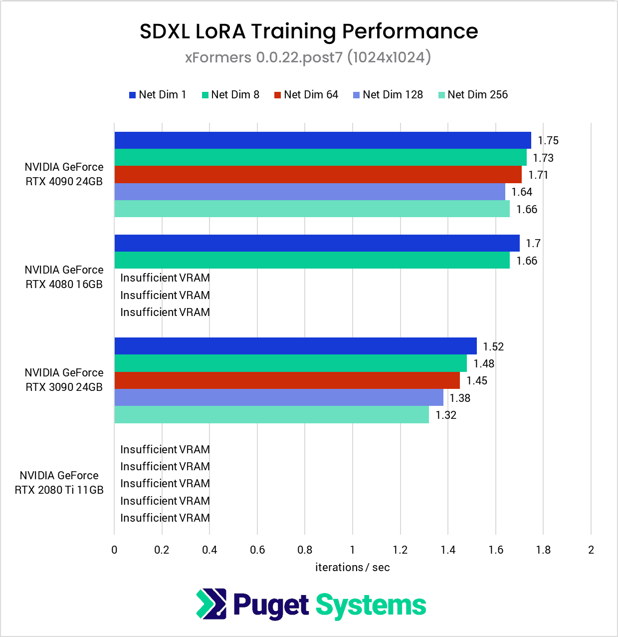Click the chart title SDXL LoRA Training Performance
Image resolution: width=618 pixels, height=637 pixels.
309,31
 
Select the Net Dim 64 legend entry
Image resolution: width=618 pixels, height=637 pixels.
306,95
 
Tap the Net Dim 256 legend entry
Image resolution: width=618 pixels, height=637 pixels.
473,95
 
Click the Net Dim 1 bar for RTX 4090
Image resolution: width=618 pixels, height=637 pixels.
322,140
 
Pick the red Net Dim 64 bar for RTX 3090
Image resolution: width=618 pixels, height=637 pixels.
287,380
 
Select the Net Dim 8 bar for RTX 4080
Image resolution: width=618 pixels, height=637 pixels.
312,260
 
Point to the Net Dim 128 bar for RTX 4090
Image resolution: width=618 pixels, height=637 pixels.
309,192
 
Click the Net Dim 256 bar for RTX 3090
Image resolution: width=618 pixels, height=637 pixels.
271,415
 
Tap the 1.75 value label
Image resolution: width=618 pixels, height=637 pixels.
548,141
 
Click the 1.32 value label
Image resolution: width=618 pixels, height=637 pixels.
446,415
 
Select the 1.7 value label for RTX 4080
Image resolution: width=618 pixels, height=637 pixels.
533,244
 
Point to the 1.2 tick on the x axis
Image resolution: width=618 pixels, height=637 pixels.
400,550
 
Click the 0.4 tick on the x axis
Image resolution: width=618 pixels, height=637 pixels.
209,550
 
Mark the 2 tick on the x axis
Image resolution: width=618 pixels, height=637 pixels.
591,550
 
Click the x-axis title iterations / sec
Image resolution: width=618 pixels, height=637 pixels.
352,568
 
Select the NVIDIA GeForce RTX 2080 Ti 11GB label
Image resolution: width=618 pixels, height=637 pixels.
59,483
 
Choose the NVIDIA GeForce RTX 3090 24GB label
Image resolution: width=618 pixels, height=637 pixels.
64,380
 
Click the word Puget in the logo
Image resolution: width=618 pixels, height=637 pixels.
271,606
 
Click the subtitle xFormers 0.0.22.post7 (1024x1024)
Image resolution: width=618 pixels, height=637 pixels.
308,57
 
